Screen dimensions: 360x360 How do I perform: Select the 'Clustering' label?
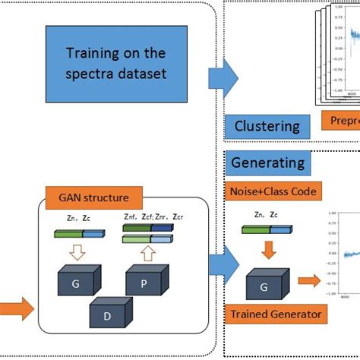[267, 126]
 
